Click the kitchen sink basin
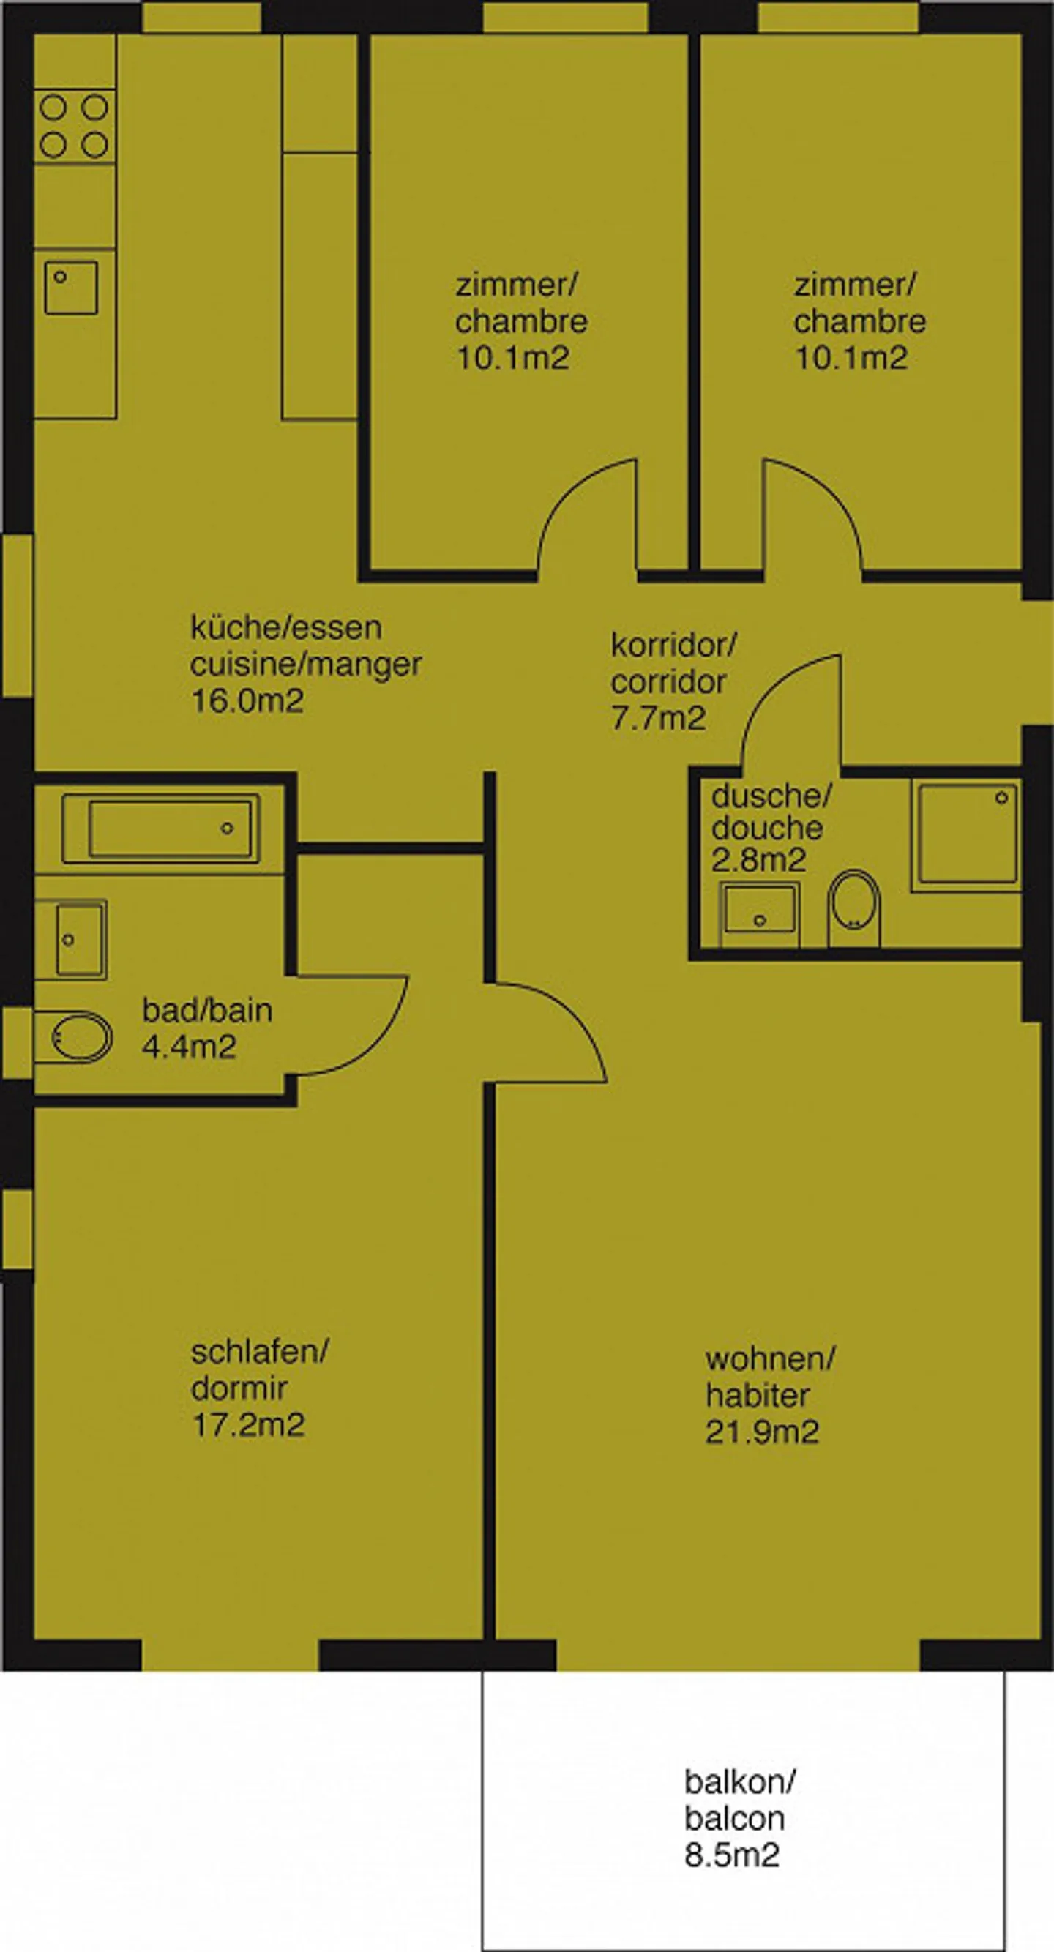pyautogui.click(x=71, y=288)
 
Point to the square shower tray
pyautogui.click(x=968, y=834)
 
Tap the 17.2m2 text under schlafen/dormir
pyautogui.click(x=248, y=1425)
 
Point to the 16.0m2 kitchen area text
pyautogui.click(x=247, y=701)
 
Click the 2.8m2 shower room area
pyautogui.click(x=758, y=861)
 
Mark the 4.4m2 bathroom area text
pyautogui.click(x=190, y=1047)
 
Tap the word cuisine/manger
pyautogui.click(x=305, y=665)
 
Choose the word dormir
pyautogui.click(x=239, y=1389)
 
